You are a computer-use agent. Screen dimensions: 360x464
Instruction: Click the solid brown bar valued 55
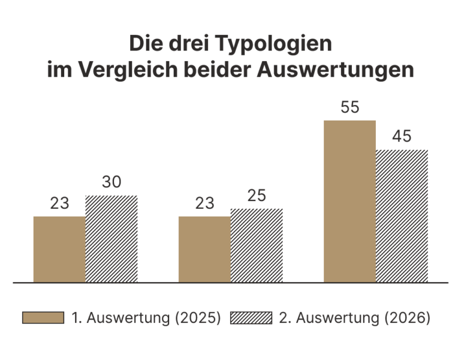pyautogui.click(x=349, y=201)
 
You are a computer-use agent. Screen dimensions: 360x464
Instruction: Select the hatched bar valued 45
pyautogui.click(x=402, y=216)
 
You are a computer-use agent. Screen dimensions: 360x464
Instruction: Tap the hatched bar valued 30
pyautogui.click(x=112, y=239)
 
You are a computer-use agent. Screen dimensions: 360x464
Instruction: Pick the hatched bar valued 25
pyautogui.click(x=257, y=245)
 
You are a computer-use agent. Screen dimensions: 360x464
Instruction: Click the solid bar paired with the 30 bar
pyautogui.click(x=59, y=249)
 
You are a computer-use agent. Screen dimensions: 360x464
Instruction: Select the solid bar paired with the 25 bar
pyautogui.click(x=204, y=249)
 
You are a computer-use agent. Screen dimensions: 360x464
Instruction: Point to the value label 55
pyautogui.click(x=349, y=108)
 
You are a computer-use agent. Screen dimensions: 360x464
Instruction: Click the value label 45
pyautogui.click(x=402, y=137)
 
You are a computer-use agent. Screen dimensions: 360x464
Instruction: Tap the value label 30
pyautogui.click(x=112, y=182)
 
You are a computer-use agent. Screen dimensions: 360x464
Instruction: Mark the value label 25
pyautogui.click(x=257, y=196)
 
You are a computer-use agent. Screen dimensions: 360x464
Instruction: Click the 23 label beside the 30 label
pyautogui.click(x=59, y=203)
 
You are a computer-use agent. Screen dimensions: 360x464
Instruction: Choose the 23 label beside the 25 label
pyautogui.click(x=204, y=203)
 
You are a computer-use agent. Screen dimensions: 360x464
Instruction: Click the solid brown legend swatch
pyautogui.click(x=43, y=318)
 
